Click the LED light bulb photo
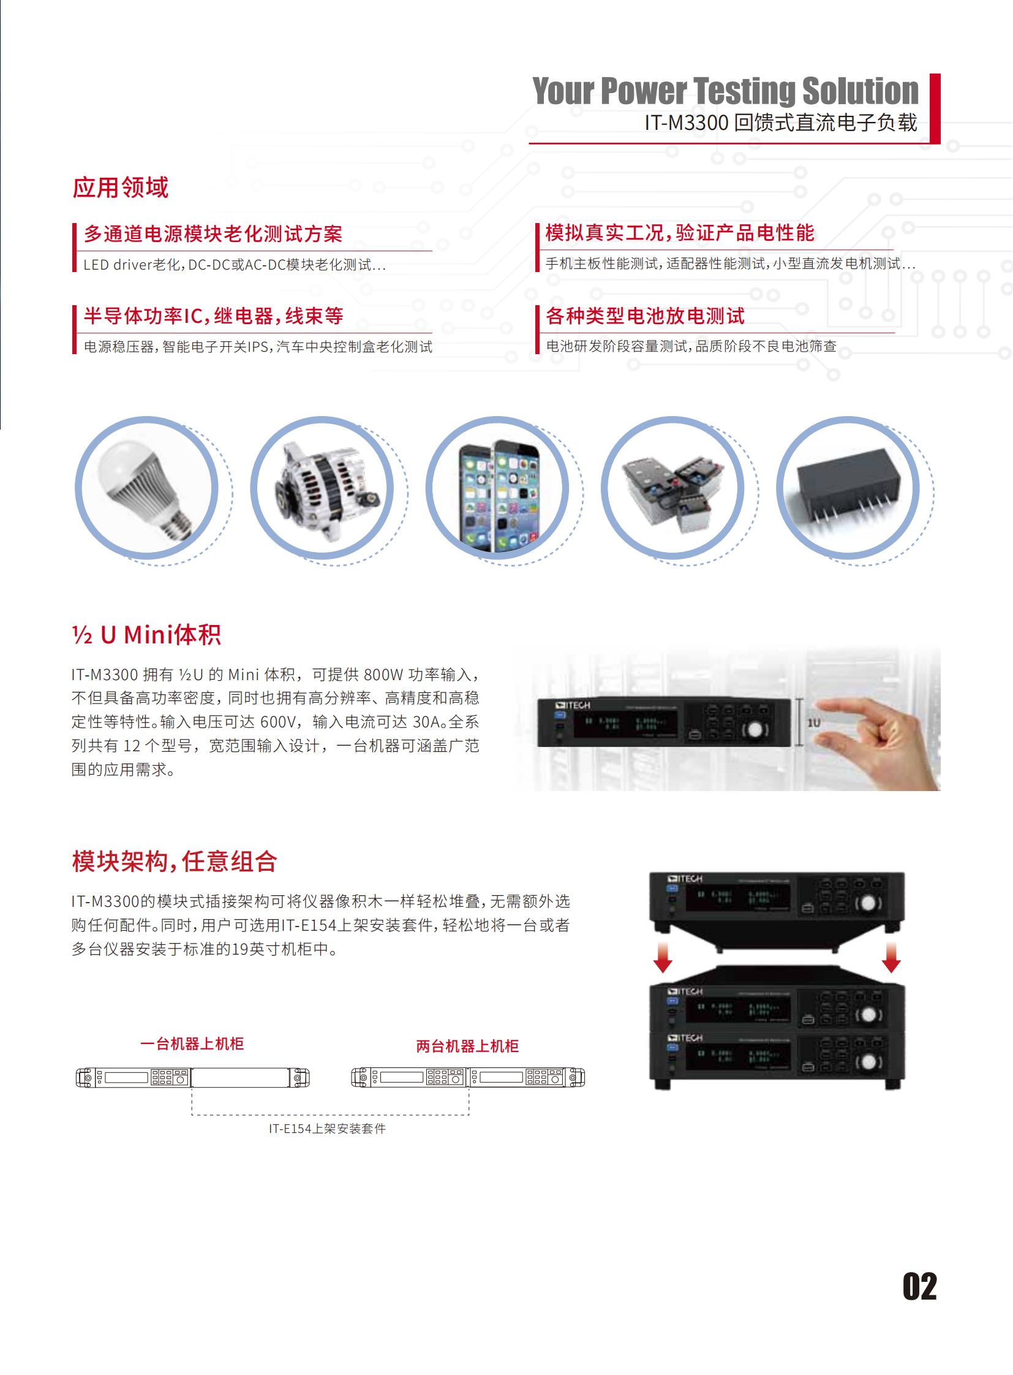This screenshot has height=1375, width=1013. tap(146, 488)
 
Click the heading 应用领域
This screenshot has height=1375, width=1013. tap(121, 187)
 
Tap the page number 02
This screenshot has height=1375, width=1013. tap(919, 1286)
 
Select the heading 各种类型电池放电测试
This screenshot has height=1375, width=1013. tap(645, 316)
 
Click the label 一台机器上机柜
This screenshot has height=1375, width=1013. tap(192, 1043)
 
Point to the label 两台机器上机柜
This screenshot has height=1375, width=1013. tap(467, 1045)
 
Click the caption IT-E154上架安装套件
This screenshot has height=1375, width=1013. tap(327, 1127)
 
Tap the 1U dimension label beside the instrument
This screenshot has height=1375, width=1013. tap(814, 723)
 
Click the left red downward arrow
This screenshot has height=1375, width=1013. tap(663, 958)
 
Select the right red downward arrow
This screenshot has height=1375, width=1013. tap(891, 958)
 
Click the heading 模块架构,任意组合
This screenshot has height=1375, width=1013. tap(175, 861)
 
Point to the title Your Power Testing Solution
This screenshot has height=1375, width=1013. tap(725, 91)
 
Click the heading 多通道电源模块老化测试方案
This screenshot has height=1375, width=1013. tap(213, 234)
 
